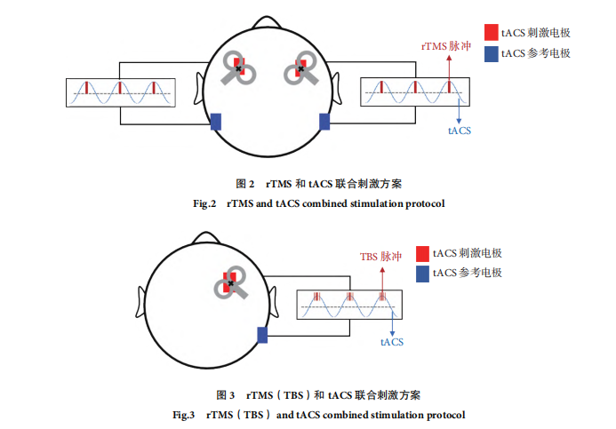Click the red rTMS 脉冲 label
[446, 46]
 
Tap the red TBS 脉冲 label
[380, 257]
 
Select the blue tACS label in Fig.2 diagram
[460, 131]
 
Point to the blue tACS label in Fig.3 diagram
[392, 342]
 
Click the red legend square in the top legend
[491, 32]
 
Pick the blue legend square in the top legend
[491, 54]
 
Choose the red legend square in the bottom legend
[422, 253]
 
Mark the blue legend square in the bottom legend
[422, 274]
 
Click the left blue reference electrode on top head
[216, 122]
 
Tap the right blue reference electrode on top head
[324, 122]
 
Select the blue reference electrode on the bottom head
[262, 335]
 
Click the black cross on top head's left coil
[238, 68]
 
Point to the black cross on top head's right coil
[301, 69]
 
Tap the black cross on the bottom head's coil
[230, 283]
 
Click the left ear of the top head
[199, 89]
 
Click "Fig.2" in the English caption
[204, 203]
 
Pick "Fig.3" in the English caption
[183, 415]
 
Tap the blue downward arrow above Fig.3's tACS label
[392, 322]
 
